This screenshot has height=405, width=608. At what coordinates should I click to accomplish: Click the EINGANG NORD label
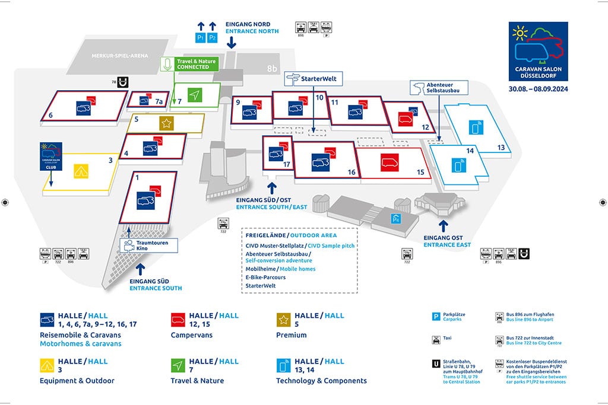click(248, 24)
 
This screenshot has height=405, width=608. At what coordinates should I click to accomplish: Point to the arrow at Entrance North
click(232, 41)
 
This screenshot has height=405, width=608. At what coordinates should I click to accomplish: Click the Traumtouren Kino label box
click(144, 245)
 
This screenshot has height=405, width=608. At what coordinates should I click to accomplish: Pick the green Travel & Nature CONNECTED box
click(190, 64)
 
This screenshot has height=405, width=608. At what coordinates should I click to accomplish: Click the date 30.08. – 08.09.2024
click(538, 89)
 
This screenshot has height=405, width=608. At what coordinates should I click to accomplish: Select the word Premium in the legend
click(292, 335)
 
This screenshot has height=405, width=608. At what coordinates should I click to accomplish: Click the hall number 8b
click(272, 69)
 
